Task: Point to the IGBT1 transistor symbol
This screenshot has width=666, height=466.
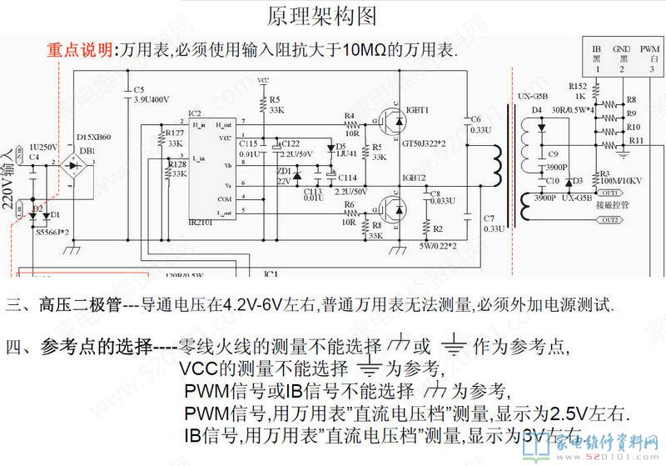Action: pyautogui.click(x=391, y=123)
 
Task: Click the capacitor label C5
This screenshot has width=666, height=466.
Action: pyautogui.click(x=139, y=89)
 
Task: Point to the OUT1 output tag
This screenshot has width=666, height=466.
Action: pyautogui.click(x=611, y=191)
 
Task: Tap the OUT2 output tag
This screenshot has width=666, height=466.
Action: pyautogui.click(x=611, y=220)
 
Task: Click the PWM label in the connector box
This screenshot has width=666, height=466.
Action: pyautogui.click(x=650, y=51)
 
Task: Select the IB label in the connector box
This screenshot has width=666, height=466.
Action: pyautogui.click(x=597, y=51)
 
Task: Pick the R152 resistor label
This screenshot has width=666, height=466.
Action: pyautogui.click(x=578, y=86)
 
